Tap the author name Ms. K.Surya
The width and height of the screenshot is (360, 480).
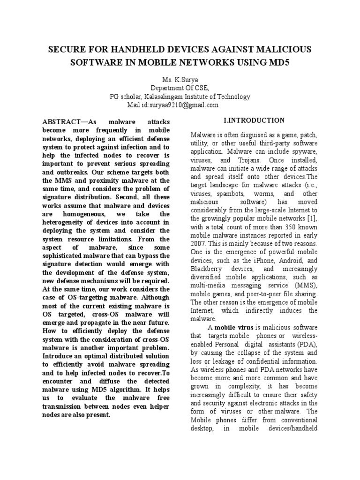(x=180, y=80)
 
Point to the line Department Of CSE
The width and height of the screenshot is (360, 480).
(x=180, y=88)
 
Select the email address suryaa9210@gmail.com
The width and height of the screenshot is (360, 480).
(x=187, y=105)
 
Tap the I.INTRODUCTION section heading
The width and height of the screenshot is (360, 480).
(x=254, y=120)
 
